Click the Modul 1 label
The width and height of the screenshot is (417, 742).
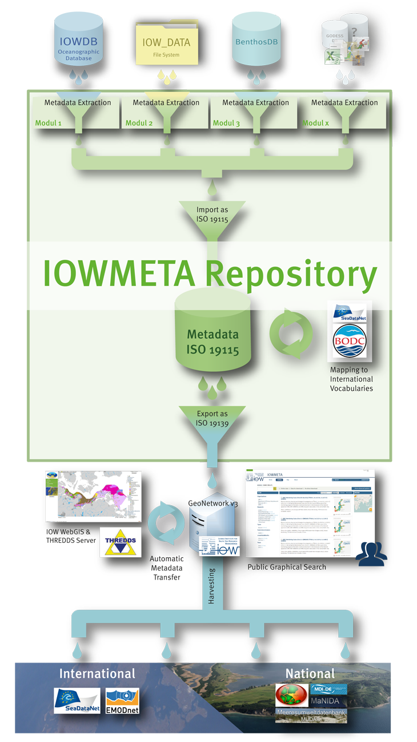49,122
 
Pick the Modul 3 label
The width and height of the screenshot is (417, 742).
226,122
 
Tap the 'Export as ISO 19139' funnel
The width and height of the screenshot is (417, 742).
212,419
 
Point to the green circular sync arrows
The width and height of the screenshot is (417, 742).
291,334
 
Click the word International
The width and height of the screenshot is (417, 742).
97,673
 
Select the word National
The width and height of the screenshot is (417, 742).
310,673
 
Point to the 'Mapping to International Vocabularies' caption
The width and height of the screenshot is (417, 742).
351,379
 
